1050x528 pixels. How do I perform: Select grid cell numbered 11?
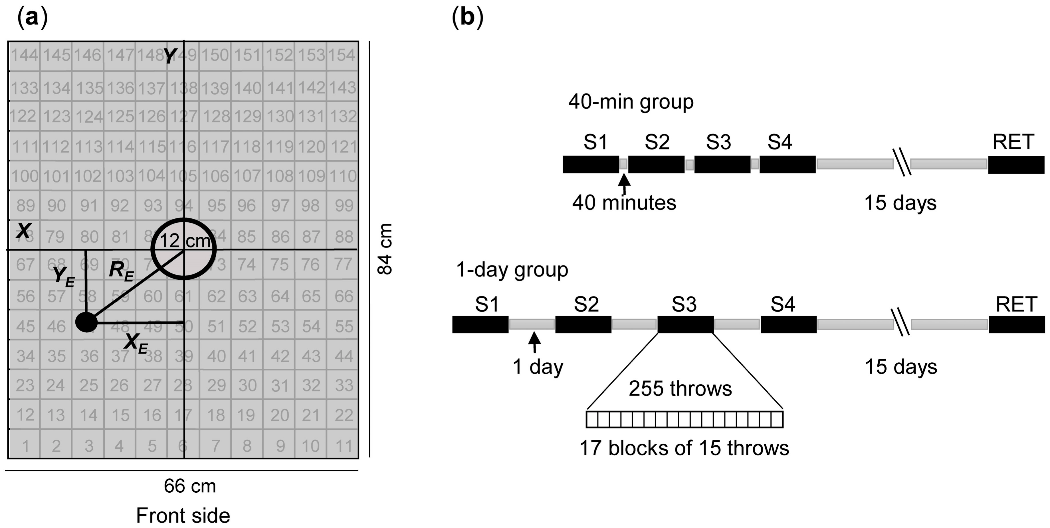click(x=343, y=446)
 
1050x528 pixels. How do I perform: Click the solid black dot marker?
click(x=86, y=322)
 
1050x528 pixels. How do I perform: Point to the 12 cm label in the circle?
click(x=184, y=241)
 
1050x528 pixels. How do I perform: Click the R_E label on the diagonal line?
click(x=121, y=272)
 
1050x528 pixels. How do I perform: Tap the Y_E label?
click(x=64, y=277)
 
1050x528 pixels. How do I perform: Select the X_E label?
click(x=136, y=343)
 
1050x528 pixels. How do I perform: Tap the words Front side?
click(x=183, y=516)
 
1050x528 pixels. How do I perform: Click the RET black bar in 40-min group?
click(x=1016, y=165)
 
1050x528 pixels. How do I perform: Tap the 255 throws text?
click(x=680, y=389)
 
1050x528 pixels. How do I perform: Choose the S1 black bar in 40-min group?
click(x=591, y=165)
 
